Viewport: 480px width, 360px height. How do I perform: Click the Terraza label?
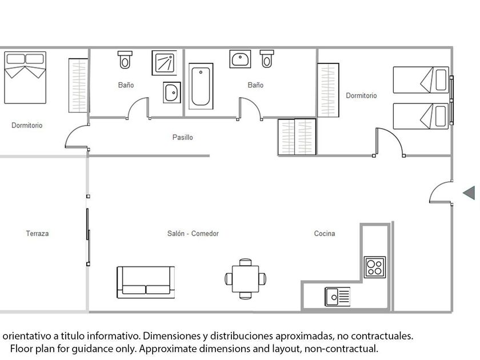pyautogui.click(x=37, y=233)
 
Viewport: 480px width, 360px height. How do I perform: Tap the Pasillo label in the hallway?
pyautogui.click(x=183, y=137)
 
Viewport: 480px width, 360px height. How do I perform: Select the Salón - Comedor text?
pyautogui.click(x=193, y=233)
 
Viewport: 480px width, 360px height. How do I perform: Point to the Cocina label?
pyautogui.click(x=325, y=233)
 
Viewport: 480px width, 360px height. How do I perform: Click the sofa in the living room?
pyautogui.click(x=146, y=282)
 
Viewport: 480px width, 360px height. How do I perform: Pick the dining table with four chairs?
pyautogui.click(x=246, y=279)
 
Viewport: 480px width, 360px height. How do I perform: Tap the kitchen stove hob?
pyautogui.click(x=375, y=267)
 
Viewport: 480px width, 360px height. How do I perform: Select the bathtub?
pyautogui.click(x=201, y=87)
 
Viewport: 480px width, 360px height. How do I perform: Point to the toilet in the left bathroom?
pyautogui.click(x=125, y=59)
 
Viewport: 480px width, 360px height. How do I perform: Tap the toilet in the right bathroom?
pyautogui.click(x=267, y=58)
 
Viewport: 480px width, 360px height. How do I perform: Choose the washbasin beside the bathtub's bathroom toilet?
pyautogui.click(x=241, y=59)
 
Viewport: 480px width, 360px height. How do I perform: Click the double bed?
pyautogui.click(x=25, y=77)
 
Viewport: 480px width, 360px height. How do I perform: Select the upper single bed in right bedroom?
pyautogui.click(x=421, y=79)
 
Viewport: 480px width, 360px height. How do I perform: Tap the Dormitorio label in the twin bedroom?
pyautogui.click(x=361, y=95)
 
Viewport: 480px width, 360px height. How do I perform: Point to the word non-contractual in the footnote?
pyautogui.click(x=343, y=348)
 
